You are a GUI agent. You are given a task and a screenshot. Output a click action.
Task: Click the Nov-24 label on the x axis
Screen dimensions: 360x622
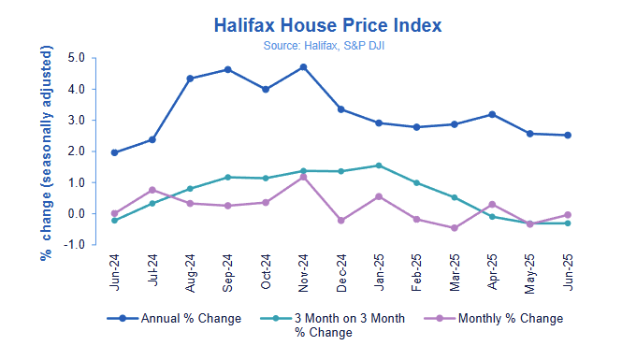point(304,271)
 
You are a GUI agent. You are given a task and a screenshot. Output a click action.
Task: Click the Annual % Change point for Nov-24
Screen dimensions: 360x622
point(304,67)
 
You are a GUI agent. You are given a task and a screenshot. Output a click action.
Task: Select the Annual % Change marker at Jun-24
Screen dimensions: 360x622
point(114,152)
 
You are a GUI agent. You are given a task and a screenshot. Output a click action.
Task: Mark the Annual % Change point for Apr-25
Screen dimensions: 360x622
point(493,115)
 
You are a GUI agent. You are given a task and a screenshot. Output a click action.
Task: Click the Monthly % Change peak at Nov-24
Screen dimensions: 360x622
point(304,177)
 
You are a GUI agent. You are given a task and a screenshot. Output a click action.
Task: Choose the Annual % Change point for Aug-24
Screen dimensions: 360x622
point(190,79)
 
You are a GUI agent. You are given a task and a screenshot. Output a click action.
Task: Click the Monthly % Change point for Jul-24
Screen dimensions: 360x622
point(152,190)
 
